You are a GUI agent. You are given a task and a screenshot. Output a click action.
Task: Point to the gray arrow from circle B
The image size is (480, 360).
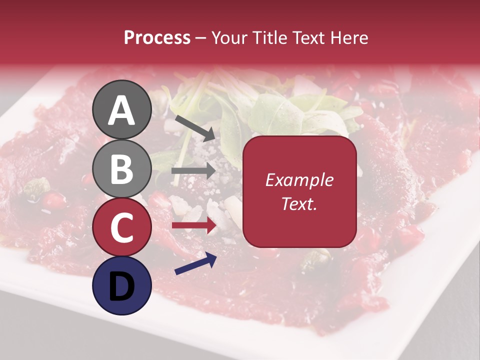click(x=194, y=171)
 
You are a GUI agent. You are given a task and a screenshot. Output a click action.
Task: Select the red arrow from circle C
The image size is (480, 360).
click(x=194, y=225)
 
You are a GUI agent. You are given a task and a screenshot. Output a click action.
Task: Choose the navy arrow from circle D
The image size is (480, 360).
click(x=195, y=263)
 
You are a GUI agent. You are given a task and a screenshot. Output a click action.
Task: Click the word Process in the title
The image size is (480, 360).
click(x=157, y=37)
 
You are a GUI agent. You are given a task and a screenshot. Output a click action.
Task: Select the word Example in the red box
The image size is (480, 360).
click(x=299, y=180)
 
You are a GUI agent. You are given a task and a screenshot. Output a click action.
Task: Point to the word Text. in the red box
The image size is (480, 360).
click(x=299, y=204)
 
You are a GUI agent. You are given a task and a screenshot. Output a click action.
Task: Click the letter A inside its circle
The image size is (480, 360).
click(x=122, y=111)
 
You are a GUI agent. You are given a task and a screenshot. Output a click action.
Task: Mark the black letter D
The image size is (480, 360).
click(x=122, y=286)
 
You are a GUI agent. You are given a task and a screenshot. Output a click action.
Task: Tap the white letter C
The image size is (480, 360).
click(x=122, y=227)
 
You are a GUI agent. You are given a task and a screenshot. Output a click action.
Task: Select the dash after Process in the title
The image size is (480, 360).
click(x=201, y=38)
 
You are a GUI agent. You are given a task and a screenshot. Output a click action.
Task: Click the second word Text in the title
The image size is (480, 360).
click(x=309, y=37)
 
